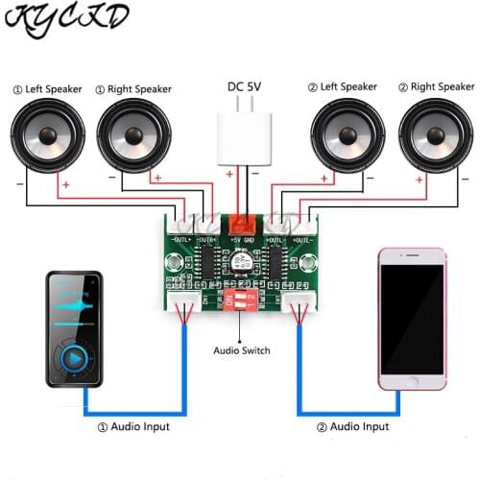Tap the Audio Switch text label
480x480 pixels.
[x=241, y=350]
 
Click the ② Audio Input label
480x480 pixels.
[x=350, y=425]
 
